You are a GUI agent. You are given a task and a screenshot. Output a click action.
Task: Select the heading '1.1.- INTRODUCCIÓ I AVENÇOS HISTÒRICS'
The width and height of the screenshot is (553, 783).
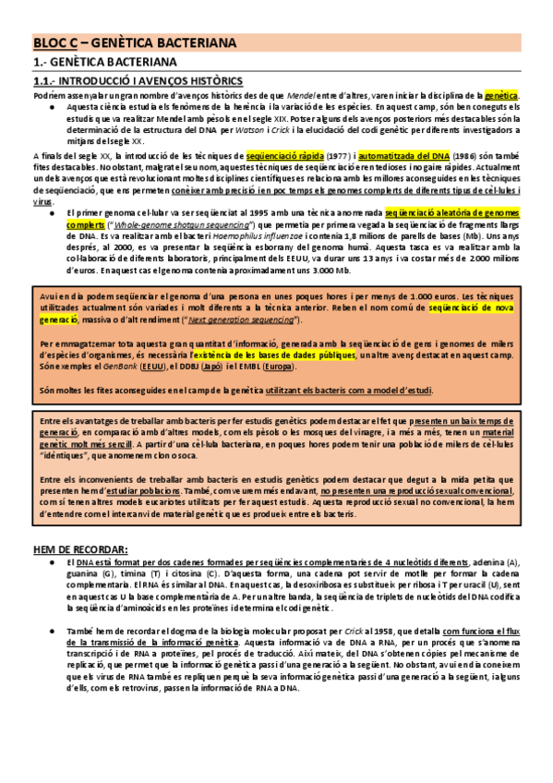point(125,81)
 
